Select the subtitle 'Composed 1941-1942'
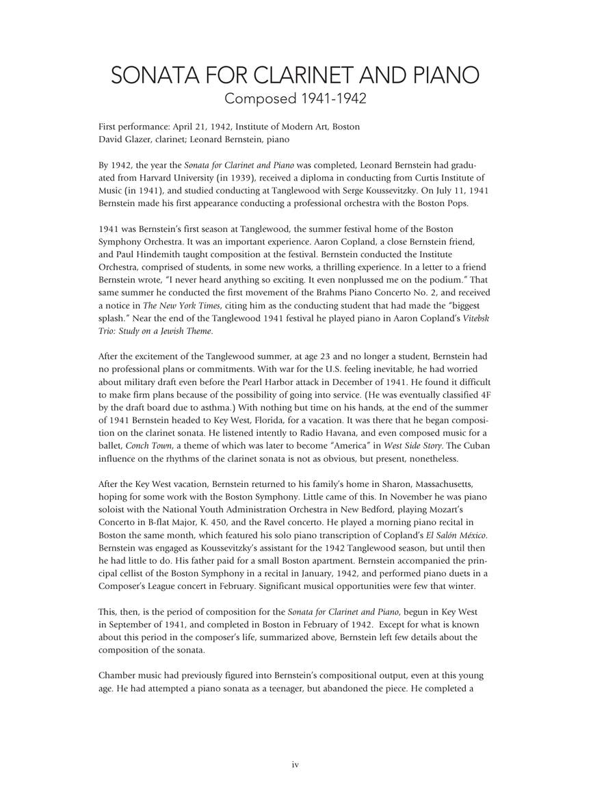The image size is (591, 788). [295, 98]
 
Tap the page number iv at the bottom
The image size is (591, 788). [295, 765]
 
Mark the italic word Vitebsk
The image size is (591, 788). [473, 318]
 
